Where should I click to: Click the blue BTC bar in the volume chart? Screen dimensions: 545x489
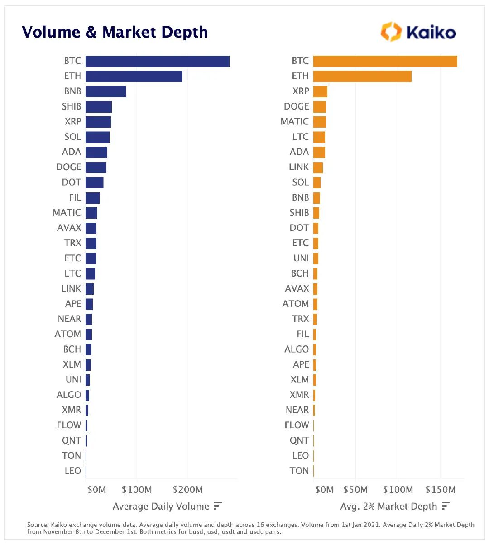157,61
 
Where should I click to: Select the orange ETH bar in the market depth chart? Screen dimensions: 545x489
362,76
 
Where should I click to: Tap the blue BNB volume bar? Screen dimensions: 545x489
105,91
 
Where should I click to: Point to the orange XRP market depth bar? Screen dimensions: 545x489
320,91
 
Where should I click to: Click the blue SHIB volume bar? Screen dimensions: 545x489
98,106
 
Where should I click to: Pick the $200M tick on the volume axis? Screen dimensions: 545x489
187,489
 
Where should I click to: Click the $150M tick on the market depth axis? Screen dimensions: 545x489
440,489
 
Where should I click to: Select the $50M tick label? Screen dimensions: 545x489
355,489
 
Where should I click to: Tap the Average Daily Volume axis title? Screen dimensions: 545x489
161,506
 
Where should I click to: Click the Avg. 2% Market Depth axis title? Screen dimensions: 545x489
388,506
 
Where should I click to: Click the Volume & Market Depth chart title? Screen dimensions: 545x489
115,32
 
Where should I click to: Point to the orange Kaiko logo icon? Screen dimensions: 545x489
391,32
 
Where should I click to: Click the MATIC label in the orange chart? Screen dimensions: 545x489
295,122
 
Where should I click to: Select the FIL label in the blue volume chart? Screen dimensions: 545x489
75,197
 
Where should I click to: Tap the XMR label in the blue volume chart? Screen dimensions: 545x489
72,410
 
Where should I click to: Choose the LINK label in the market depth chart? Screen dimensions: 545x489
299,167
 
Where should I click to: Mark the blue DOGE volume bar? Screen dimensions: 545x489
96,167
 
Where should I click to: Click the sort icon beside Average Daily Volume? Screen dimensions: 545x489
218,506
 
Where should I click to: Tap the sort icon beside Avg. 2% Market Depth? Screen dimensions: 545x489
446,506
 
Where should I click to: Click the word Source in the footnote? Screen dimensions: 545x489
38,525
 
